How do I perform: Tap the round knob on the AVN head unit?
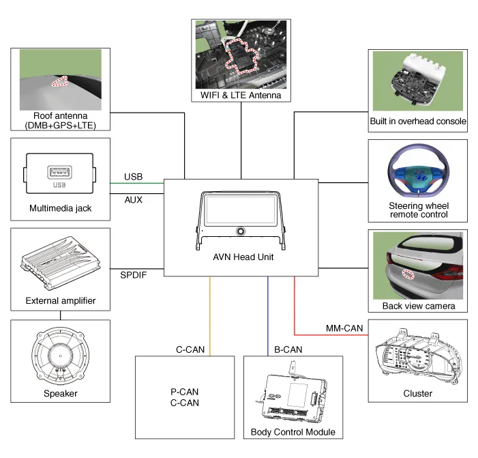[x=241, y=232]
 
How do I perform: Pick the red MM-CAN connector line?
[x=295, y=307]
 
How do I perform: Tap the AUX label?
[x=134, y=200]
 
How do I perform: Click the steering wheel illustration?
[x=417, y=175]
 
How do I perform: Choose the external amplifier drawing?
[x=61, y=263]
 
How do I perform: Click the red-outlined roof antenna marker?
[x=61, y=81]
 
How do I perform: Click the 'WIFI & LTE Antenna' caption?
[x=241, y=96]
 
